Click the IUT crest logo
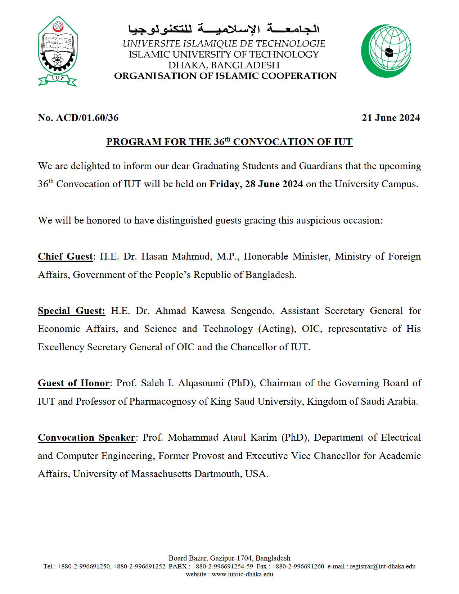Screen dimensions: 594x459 click(58, 51)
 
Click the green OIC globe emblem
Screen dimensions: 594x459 click(386, 51)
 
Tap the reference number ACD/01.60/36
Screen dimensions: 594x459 click(87, 118)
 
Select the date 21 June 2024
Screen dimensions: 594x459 click(391, 118)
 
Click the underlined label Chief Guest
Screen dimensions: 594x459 click(66, 256)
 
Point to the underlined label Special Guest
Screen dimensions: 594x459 click(71, 311)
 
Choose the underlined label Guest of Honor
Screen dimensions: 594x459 click(74, 383)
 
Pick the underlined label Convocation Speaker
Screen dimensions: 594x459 click(86, 437)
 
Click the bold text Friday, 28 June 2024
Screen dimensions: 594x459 click(256, 184)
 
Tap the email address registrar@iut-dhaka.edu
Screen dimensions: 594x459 click(383, 566)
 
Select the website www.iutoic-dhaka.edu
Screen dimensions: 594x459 click(242, 574)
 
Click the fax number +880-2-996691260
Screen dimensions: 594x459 click(298, 566)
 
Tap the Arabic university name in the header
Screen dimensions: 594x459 click(224, 29)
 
